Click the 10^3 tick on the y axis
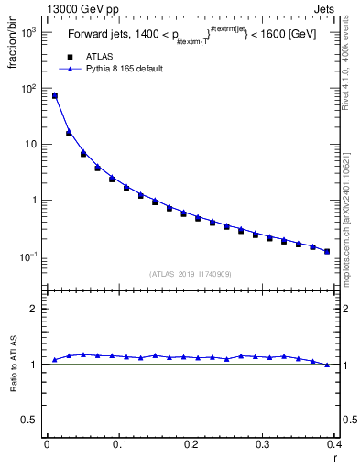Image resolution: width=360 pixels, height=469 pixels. [27, 32]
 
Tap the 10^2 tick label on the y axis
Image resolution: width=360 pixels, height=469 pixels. [27, 88]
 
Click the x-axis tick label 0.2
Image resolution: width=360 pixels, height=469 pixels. [191, 444]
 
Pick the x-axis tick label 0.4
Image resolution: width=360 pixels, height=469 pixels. [334, 444]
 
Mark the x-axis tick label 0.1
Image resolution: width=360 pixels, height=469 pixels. [118, 444]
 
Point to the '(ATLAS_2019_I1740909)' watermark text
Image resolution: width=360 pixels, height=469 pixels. [190, 274]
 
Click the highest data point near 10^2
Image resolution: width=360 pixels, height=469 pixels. [54, 95]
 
